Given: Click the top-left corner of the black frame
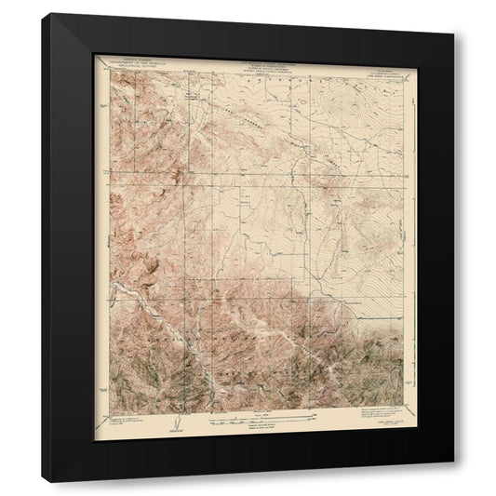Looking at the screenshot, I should [x=45, y=14].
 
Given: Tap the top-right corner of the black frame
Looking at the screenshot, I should [x=455, y=34].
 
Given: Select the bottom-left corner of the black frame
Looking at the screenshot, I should [x=45, y=481].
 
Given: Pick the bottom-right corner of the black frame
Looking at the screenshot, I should [x=455, y=462].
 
